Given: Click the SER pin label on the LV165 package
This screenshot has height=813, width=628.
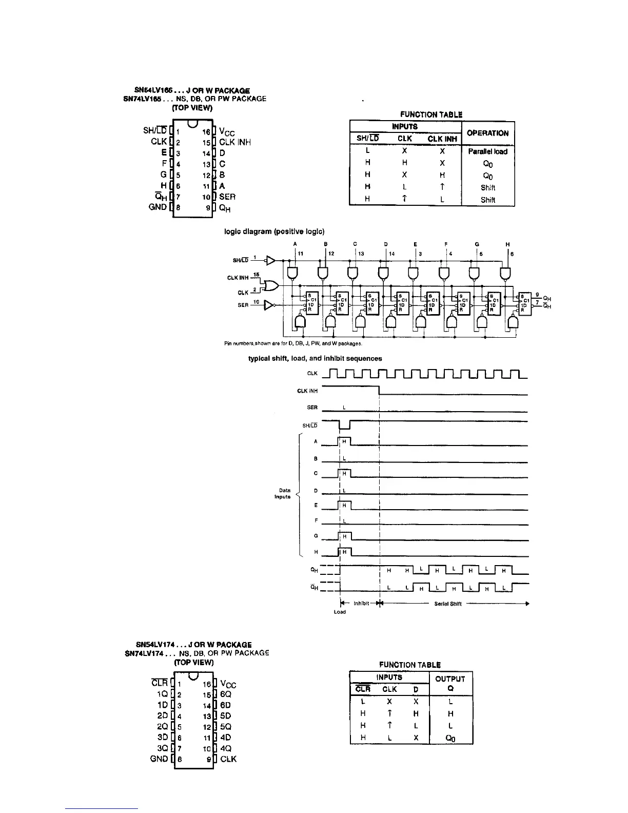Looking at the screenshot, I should [227, 197].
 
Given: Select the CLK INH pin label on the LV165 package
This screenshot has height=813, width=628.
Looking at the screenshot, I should [234, 142].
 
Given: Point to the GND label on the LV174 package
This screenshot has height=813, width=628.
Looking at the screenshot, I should [159, 759].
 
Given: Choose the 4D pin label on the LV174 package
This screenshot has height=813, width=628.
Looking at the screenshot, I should [225, 737].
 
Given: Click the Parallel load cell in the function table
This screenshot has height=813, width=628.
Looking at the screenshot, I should [487, 151].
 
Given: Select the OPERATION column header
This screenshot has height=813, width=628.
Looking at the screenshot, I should [488, 133].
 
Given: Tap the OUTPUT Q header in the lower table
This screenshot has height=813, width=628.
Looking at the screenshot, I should [450, 683].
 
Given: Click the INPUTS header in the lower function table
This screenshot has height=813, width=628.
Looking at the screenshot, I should [389, 677].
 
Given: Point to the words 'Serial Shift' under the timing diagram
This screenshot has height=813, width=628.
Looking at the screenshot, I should [448, 604].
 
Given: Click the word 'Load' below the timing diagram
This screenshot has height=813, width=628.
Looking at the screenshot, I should [340, 612].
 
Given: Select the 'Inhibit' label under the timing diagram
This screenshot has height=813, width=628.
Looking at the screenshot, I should [359, 604].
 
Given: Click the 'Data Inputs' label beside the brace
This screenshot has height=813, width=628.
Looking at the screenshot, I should [283, 493].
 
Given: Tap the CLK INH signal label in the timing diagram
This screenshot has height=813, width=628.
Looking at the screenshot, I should [308, 391].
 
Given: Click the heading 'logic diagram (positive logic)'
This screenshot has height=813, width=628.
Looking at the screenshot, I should [274, 231].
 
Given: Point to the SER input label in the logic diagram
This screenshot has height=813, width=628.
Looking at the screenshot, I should [243, 305].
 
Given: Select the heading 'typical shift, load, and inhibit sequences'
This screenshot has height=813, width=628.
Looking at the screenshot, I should [315, 358].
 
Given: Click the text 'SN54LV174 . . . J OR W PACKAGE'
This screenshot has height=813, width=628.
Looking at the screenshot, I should [193, 645].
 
